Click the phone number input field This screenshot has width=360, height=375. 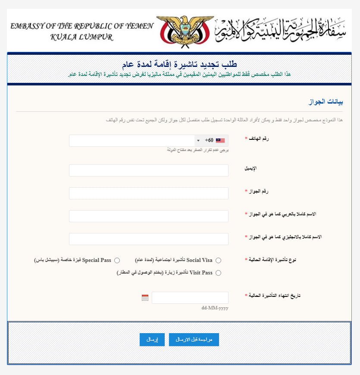pyautogui.click(x=129, y=141)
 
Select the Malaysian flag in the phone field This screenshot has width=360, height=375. pyautogui.click(x=220, y=141)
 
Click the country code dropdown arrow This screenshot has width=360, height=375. pyautogui.click(x=198, y=141)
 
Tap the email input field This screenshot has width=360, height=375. pyautogui.click(x=148, y=170)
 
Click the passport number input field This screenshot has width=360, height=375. pyautogui.click(x=148, y=193)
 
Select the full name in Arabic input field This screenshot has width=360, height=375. pyautogui.click(x=148, y=216)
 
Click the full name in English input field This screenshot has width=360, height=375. pyautogui.click(x=148, y=239)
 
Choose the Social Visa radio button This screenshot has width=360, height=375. pyautogui.click(x=218, y=261)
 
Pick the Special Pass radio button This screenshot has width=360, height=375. pyautogui.click(x=117, y=261)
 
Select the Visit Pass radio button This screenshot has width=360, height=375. pyautogui.click(x=218, y=273)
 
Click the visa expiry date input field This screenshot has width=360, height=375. pyautogui.click(x=190, y=298)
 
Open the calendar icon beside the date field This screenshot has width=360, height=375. pyautogui.click(x=145, y=298)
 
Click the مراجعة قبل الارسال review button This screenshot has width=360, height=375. pyautogui.click(x=194, y=340)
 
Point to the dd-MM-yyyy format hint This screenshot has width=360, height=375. pyautogui.click(x=215, y=309)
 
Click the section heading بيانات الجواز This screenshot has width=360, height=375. pyautogui.click(x=327, y=102)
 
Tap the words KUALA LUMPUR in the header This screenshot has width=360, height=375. pyautogui.click(x=82, y=37)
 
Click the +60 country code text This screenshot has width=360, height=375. pyautogui.click(x=209, y=141)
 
